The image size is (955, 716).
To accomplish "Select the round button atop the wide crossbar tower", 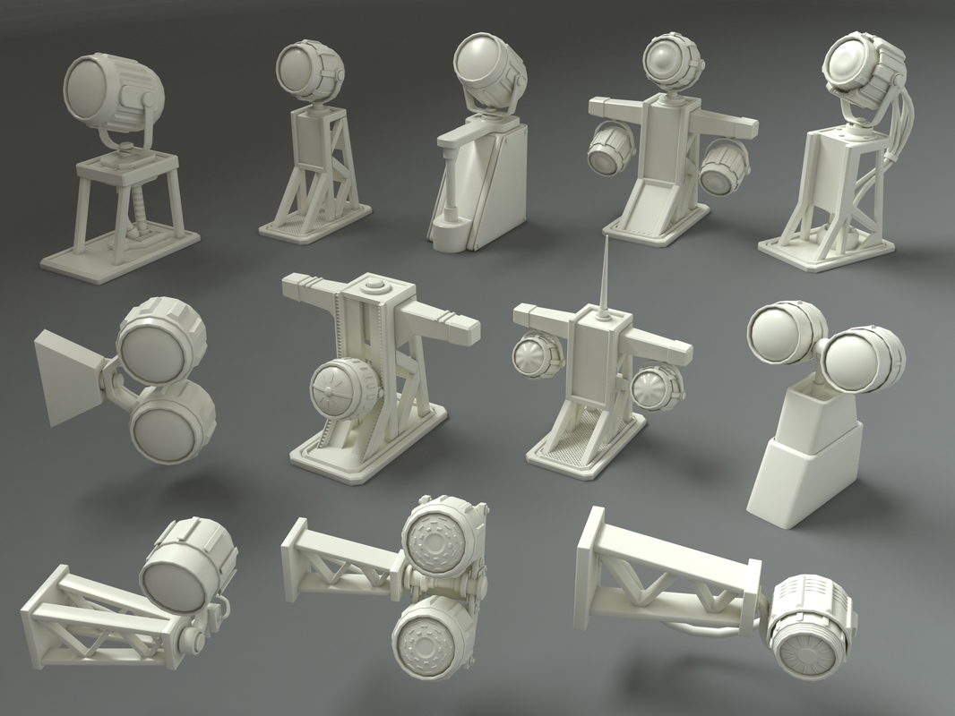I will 375,287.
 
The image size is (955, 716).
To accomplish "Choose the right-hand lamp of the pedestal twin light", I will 859,359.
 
